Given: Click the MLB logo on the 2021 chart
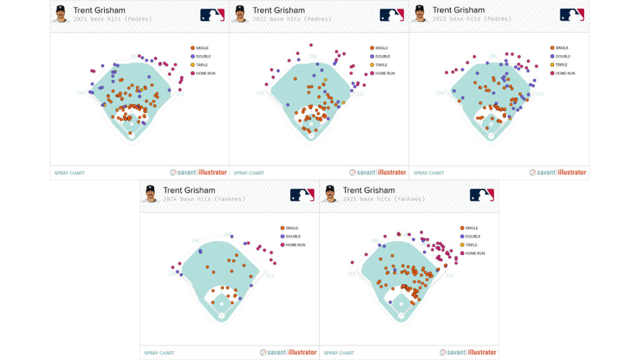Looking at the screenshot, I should pyautogui.click(x=212, y=15).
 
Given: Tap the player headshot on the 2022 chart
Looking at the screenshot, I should pyautogui.click(x=240, y=13).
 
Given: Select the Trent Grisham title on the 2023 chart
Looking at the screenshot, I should pyautogui.click(x=458, y=10).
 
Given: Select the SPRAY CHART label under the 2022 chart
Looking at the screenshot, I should pyautogui.click(x=249, y=173).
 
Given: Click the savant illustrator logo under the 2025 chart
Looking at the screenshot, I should pyautogui.click(x=468, y=352).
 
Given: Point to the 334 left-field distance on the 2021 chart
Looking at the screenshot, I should pyautogui.click(x=81, y=93).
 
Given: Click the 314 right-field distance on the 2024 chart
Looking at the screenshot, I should pyautogui.click(x=270, y=276).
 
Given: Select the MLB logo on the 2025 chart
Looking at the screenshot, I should pyautogui.click(x=482, y=195).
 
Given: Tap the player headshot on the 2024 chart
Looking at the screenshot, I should pyautogui.click(x=150, y=194).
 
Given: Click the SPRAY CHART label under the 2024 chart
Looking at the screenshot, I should pyautogui.click(x=159, y=353).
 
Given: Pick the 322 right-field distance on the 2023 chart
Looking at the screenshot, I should pyautogui.click(x=539, y=95).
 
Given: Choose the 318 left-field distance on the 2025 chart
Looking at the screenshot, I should pyautogui.click(x=351, y=274).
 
